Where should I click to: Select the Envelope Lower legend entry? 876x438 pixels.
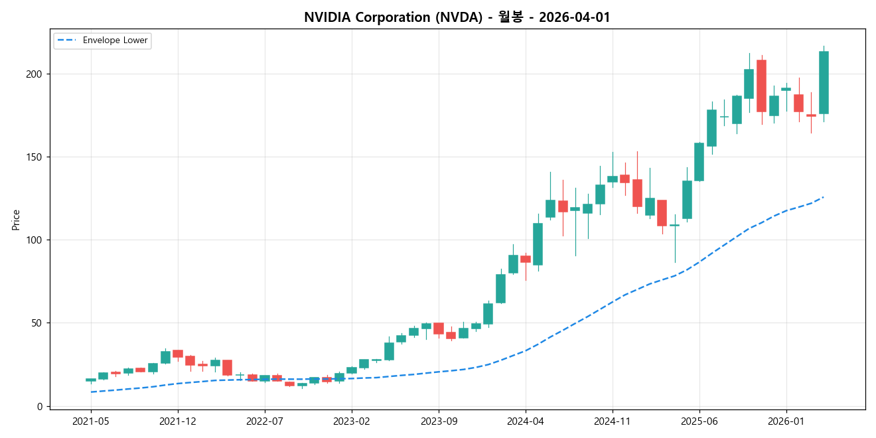click(x=102, y=40)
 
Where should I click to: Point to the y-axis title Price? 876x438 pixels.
click(x=16, y=220)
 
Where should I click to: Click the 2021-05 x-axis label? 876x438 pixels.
click(x=91, y=421)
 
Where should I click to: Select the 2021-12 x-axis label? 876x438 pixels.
click(x=178, y=421)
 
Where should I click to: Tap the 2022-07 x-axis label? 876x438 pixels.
click(x=265, y=421)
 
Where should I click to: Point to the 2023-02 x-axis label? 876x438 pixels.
click(x=352, y=421)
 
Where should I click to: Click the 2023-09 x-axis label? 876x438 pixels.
click(x=439, y=421)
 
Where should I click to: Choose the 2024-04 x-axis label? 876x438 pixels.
click(x=526, y=421)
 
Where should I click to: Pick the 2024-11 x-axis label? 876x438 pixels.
click(x=613, y=421)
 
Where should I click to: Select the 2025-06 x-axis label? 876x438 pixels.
click(x=699, y=421)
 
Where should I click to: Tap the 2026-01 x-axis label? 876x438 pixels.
click(x=786, y=421)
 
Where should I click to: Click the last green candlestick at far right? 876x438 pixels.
click(x=824, y=83)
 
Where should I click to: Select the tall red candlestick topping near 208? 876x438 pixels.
click(x=761, y=86)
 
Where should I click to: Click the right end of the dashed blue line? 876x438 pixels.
click(x=823, y=197)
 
